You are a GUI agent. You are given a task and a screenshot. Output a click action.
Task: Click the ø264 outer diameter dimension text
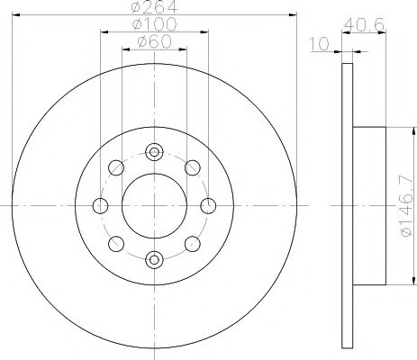click(x=154, y=8)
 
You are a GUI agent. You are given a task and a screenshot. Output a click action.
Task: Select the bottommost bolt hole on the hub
click(x=153, y=261)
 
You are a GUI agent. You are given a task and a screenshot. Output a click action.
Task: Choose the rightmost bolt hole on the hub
click(x=208, y=206)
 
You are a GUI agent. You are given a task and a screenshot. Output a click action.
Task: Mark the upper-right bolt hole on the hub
click(x=191, y=167)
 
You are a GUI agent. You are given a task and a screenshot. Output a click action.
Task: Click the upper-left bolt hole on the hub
click(x=115, y=167)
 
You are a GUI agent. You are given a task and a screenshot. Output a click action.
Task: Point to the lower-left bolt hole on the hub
click(x=115, y=244)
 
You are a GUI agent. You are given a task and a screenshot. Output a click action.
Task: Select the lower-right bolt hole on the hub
click(x=191, y=244)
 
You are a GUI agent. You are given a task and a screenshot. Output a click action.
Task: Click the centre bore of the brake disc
click(x=153, y=206)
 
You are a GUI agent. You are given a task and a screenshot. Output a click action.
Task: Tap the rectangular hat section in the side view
click(x=368, y=205)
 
